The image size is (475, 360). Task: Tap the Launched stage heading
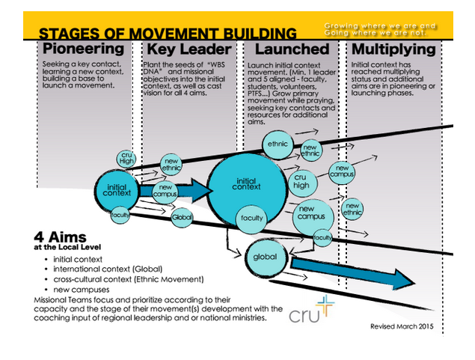pos(292,50)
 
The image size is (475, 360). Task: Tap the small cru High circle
pos(126,159)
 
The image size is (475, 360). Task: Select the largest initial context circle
pos(246,184)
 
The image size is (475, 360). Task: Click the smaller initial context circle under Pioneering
pos(118,191)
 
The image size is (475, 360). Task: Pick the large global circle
pos(266,257)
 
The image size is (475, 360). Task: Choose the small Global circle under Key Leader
pos(182,218)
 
